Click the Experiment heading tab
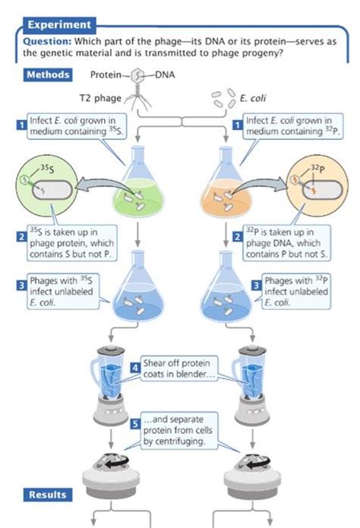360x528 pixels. (58, 25)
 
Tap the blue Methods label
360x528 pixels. (48, 74)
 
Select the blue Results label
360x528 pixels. (48, 495)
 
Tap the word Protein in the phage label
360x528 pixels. (105, 74)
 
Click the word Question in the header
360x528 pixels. (46, 42)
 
